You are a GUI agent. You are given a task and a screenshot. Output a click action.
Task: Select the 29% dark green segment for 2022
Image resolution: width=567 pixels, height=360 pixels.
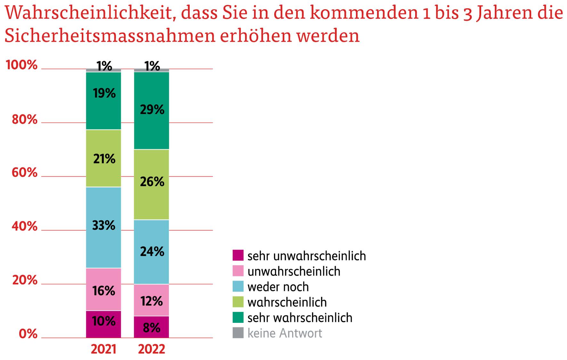152,110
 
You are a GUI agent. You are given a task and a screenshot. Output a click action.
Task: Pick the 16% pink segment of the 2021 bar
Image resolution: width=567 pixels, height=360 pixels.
103,289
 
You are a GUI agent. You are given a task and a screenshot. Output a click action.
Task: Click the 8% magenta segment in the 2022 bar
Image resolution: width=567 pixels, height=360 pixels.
152,327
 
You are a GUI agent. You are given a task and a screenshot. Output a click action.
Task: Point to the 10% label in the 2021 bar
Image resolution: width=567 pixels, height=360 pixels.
103,321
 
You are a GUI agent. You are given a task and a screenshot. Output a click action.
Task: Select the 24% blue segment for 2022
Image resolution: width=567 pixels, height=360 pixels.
152,252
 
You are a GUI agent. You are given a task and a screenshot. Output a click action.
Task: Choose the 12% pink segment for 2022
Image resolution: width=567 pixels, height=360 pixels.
152,300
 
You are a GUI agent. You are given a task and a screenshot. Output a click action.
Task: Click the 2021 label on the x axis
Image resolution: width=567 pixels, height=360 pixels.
103,349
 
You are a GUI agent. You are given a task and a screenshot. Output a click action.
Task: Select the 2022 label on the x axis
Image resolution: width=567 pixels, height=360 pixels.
152,349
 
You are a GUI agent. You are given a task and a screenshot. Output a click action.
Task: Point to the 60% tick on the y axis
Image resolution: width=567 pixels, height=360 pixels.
25,173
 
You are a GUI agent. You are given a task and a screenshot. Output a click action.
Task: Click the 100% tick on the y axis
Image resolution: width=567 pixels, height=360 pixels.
22,65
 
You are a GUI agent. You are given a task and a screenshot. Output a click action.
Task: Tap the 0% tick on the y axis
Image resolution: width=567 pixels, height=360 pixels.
28,334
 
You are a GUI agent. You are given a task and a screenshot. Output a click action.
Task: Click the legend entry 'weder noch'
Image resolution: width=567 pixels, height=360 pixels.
278,287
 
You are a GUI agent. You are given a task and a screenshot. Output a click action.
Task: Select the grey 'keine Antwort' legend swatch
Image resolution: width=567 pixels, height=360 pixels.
238,333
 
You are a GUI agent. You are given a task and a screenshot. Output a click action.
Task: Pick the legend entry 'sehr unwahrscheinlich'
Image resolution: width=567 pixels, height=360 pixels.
306,256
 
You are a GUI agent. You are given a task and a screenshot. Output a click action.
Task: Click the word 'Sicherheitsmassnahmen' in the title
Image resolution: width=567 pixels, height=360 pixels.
110,36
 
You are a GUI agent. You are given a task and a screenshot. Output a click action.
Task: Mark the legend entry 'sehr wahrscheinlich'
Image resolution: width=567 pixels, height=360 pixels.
300,318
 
